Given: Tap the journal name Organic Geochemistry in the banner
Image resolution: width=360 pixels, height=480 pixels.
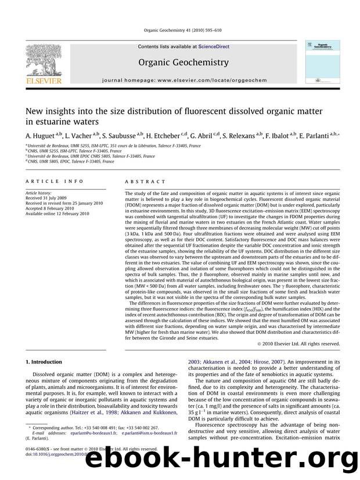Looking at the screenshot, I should point(179,61).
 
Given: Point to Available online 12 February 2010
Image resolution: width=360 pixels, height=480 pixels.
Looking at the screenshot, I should point(57,213).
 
